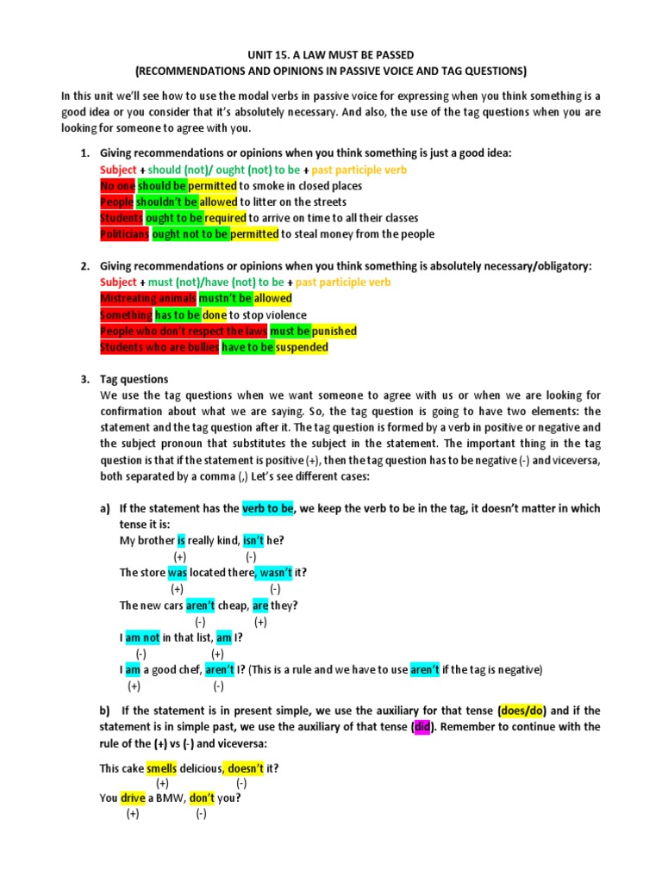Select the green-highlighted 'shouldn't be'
click(172, 202)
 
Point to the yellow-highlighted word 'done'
click(214, 314)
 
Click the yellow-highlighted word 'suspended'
click(302, 347)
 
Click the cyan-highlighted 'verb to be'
click(268, 508)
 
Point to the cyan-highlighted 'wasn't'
click(275, 573)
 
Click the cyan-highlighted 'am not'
click(143, 637)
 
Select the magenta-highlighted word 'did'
click(422, 727)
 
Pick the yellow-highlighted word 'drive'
click(133, 798)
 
